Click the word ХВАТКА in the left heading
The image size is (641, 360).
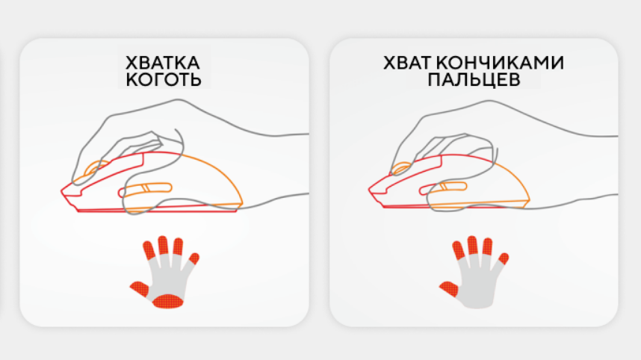(162, 63)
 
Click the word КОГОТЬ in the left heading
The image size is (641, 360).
(164, 80)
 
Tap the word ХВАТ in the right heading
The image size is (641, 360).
(407, 63)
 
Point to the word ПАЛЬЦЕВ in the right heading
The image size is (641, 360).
(474, 80)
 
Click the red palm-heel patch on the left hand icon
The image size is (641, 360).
(168, 301)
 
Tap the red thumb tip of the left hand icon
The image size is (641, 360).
(139, 289)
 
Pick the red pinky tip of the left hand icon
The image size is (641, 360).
(193, 258)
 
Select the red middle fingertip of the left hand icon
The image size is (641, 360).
(163, 245)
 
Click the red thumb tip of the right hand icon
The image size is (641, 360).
(448, 289)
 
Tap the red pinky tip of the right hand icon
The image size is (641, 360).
(504, 258)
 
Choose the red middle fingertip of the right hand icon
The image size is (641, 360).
(473, 245)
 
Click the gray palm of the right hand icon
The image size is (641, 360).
(477, 286)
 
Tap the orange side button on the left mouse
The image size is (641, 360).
(146, 189)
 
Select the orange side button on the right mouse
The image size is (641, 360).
(444, 187)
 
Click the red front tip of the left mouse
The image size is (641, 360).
(62, 191)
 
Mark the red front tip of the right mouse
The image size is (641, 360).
(370, 189)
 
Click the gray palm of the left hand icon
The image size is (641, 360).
(168, 278)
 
